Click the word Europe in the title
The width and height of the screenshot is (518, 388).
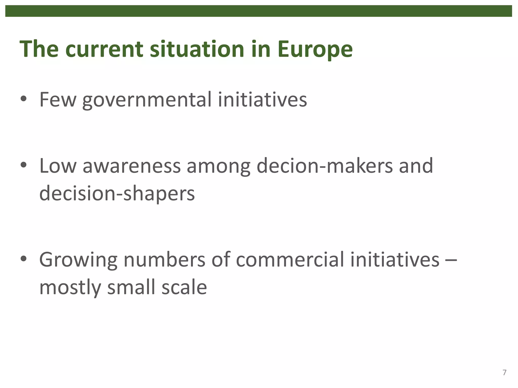315,49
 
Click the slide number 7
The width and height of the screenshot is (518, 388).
504,373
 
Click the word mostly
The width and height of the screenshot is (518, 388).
70,288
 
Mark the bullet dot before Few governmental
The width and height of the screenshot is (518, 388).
24,100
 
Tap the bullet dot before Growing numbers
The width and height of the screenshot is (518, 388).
24,259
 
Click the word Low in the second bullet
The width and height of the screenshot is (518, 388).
58,166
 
